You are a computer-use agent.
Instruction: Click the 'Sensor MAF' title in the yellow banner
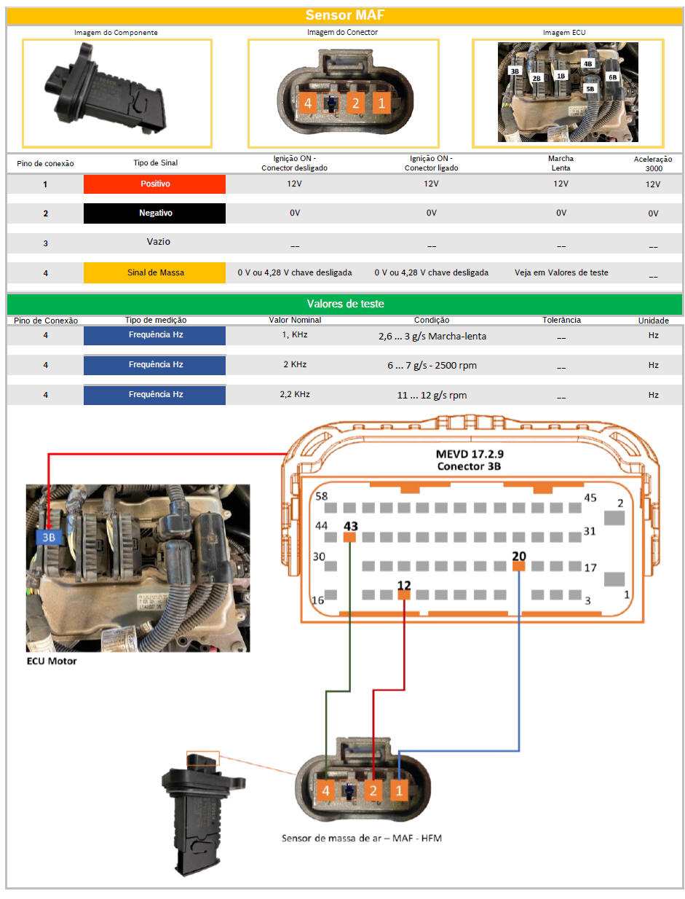(344, 15)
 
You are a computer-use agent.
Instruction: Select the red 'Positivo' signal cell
(154, 184)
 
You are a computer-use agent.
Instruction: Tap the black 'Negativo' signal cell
(154, 213)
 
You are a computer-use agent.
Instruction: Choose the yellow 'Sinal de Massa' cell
(154, 272)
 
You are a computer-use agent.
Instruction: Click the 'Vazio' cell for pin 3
(158, 241)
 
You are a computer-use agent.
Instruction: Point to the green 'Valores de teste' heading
(345, 304)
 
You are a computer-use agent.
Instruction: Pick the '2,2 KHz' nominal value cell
(295, 394)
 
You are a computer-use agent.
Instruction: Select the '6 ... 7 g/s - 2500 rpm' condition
(432, 365)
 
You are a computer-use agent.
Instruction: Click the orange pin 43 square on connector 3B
(349, 537)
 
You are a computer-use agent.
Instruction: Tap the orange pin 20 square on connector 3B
(518, 566)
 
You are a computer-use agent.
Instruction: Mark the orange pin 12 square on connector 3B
(403, 594)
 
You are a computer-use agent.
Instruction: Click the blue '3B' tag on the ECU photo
(49, 537)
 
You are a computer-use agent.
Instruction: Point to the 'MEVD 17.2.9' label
(470, 454)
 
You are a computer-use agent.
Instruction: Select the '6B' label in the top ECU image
(612, 77)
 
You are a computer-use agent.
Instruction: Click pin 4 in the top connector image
(308, 103)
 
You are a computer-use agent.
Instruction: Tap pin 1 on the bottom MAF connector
(399, 790)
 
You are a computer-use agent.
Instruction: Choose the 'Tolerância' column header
(561, 320)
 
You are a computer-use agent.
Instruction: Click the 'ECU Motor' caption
(52, 661)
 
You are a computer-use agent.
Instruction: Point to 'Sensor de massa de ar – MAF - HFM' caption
(361, 838)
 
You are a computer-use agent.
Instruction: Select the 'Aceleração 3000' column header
(653, 163)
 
